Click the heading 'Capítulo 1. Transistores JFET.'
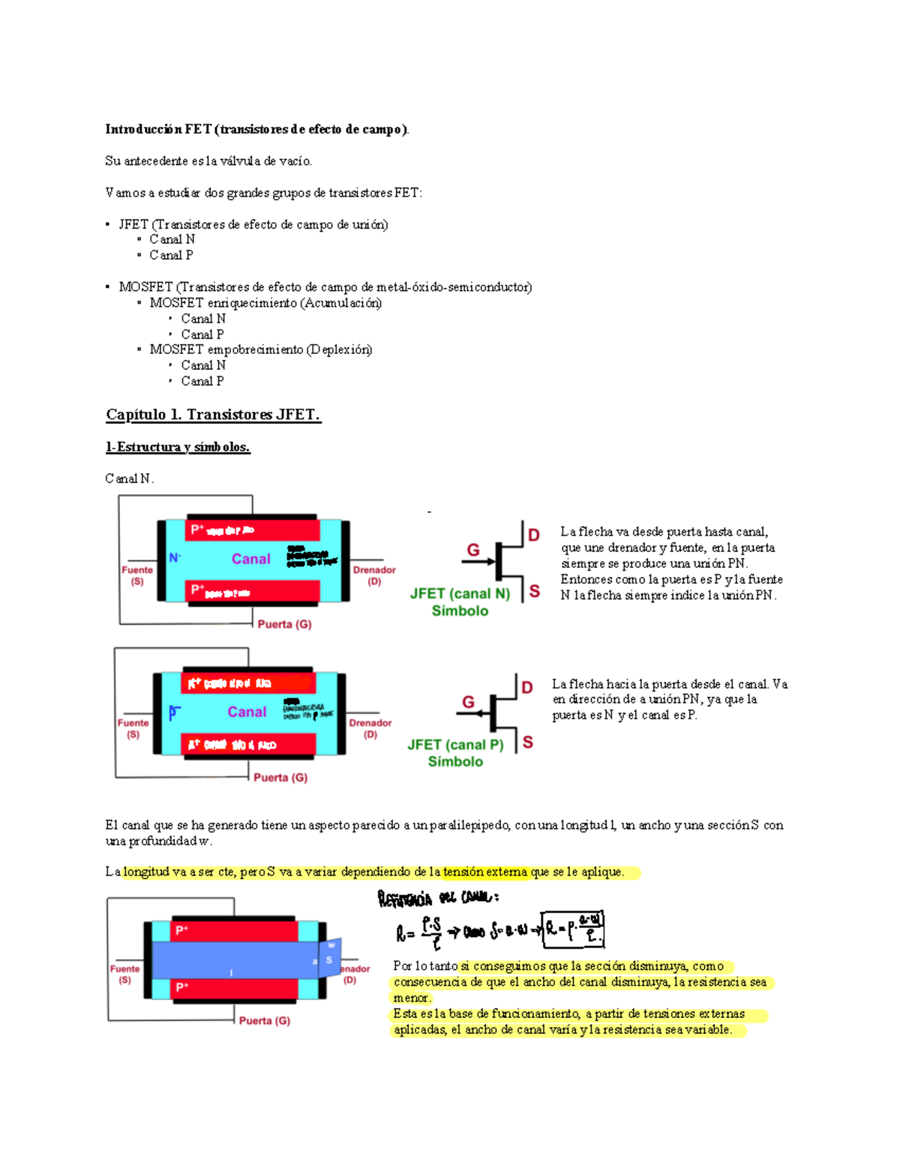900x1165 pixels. tap(213, 415)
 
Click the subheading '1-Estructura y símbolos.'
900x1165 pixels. tap(178, 447)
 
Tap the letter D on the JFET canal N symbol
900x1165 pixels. tap(534, 535)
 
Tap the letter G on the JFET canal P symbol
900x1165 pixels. tap(468, 701)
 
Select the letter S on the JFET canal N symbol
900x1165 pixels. tap(534, 591)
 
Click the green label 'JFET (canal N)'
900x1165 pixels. tap(460, 593)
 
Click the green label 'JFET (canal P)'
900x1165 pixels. tap(455, 745)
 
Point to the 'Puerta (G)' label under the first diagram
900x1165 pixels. tap(284, 624)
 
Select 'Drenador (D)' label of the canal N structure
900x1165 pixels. tap(373, 575)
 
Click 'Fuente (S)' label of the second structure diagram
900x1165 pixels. tap(133, 728)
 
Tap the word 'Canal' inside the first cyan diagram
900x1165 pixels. tap(250, 559)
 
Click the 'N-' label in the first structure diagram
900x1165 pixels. tap(175, 558)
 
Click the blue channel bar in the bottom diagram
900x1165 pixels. tap(232, 959)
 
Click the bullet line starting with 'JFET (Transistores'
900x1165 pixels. tap(253, 224)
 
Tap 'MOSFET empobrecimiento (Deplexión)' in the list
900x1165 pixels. tap(260, 350)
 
